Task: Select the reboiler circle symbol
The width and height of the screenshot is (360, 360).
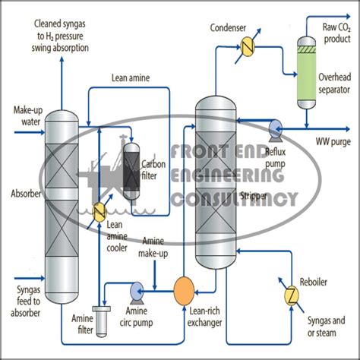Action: (x=289, y=294)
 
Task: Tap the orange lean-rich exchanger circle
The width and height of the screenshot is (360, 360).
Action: (x=185, y=289)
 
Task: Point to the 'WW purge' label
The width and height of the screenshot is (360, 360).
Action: (x=332, y=142)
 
